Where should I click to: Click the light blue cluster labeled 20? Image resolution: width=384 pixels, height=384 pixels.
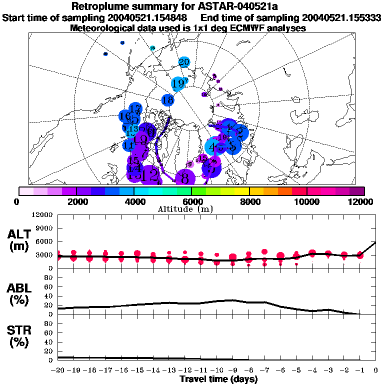click(x=184, y=62)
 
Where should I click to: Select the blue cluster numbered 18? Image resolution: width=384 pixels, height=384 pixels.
click(x=168, y=100)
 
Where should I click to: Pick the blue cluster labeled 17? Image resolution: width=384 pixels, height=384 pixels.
click(x=135, y=108)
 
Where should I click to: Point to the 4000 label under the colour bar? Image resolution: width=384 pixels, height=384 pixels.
click(x=134, y=201)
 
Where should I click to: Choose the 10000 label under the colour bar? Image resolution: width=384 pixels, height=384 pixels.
click(x=306, y=201)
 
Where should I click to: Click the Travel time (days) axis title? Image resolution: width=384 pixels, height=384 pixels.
click(x=218, y=379)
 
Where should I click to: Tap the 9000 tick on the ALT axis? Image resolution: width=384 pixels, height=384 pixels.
click(x=45, y=228)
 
